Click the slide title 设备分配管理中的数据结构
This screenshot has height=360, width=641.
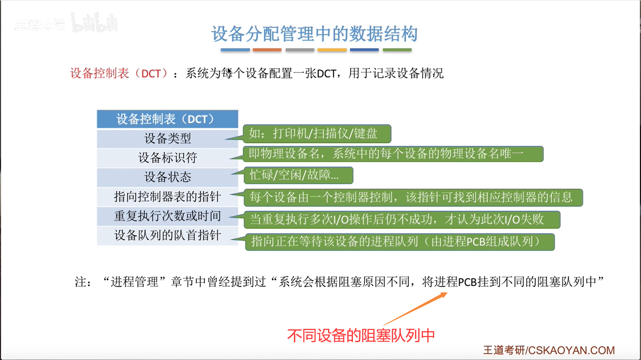click(314, 34)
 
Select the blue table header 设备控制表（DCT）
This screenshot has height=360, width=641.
click(167, 119)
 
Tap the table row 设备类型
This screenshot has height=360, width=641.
click(167, 138)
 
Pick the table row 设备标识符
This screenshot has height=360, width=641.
click(167, 158)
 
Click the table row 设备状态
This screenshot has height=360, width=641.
click(167, 177)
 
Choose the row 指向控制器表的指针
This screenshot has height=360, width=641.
click(167, 196)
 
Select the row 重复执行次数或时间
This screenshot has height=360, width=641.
click(167, 216)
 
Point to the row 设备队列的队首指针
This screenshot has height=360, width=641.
click(167, 236)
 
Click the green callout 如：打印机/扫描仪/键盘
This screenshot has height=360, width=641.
click(317, 134)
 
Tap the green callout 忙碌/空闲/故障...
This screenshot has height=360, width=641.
click(298, 175)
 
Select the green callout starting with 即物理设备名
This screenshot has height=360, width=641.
click(393, 154)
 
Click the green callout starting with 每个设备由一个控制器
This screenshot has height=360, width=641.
click(413, 198)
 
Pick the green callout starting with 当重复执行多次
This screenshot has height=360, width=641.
click(402, 220)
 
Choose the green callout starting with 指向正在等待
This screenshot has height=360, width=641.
click(400, 242)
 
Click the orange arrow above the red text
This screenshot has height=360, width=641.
click(415, 309)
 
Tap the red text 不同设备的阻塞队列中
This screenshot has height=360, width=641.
click(361, 336)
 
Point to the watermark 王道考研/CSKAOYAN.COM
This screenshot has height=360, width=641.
click(549, 350)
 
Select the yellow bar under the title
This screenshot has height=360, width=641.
click(332, 50)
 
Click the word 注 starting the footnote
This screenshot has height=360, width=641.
click(80, 282)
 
